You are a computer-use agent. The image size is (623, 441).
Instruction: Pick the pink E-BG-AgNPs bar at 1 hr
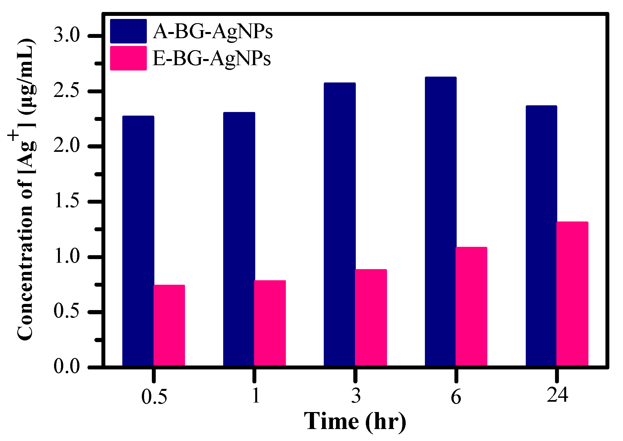(270, 323)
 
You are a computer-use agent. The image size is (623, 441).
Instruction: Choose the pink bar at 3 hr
(371, 318)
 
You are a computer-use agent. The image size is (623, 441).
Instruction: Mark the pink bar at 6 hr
(471, 306)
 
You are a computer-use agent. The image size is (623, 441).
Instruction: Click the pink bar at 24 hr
(572, 294)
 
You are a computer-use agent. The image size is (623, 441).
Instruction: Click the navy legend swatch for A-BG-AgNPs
(128, 31)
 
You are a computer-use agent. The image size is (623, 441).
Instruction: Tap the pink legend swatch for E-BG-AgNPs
(128, 58)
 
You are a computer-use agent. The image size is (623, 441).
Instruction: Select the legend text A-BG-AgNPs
(213, 31)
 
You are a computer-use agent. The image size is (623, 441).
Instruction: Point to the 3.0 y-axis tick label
(67, 36)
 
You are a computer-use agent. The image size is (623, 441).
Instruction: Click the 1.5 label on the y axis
(67, 201)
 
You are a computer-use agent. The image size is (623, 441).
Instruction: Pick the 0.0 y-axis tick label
(67, 366)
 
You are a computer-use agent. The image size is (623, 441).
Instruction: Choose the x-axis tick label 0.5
(154, 396)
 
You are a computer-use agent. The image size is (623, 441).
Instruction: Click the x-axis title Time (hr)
(355, 421)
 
